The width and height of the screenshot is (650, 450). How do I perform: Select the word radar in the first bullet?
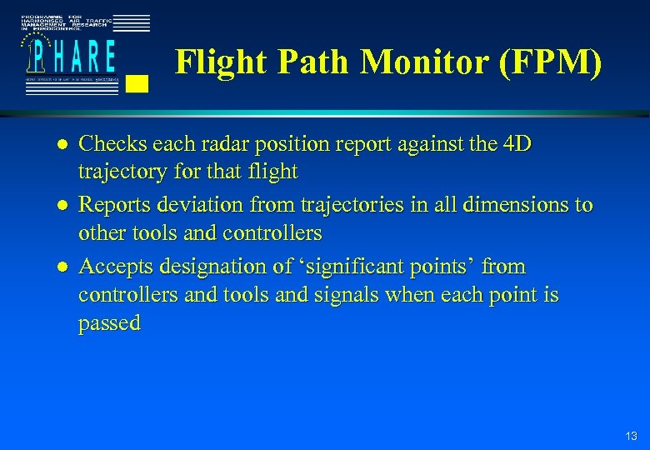point(222,144)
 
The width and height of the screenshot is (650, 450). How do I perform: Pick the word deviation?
point(226,205)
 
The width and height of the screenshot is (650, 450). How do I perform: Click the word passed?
point(109,323)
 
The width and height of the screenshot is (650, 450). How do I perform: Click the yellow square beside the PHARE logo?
point(139,82)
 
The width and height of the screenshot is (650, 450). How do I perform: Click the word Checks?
point(112,144)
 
